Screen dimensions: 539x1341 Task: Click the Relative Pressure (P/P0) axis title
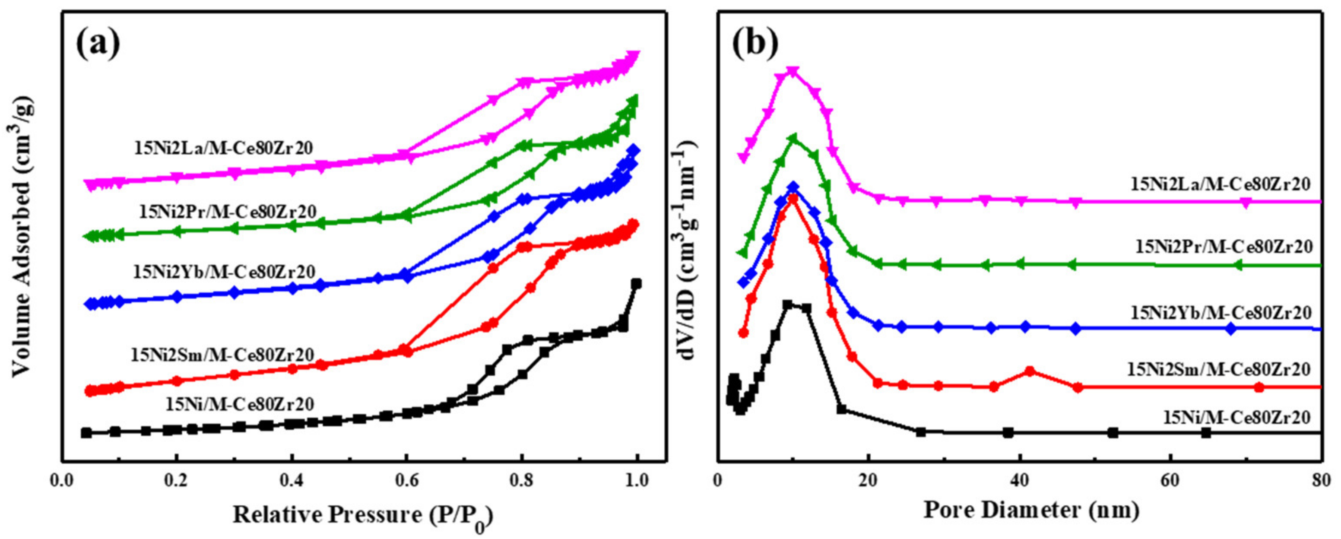click(362, 516)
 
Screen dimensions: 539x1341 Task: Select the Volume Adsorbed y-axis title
click(21, 235)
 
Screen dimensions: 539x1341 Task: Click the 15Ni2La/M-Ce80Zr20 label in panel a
click(224, 149)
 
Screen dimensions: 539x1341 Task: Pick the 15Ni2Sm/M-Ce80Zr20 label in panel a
click(222, 355)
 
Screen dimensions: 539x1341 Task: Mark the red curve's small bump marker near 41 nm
click(1029, 371)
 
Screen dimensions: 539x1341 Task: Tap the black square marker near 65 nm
click(1206, 433)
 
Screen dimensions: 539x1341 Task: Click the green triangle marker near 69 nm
click(1239, 265)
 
